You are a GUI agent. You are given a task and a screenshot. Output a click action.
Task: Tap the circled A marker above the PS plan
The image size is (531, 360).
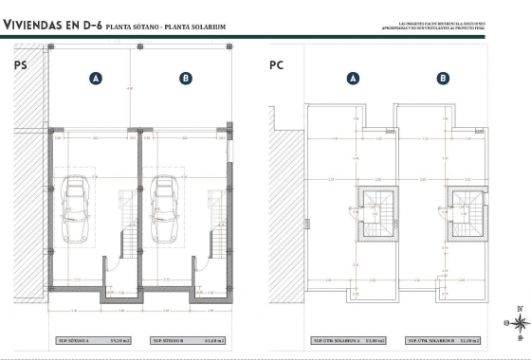point(96,79)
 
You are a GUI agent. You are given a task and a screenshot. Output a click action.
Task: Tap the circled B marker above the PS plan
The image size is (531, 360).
point(186,79)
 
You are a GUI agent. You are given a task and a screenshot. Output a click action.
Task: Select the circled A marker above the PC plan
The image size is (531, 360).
point(353,79)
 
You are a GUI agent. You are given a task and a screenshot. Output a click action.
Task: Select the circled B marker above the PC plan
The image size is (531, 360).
point(443,79)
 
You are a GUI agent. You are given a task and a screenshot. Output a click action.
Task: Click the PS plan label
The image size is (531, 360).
point(20,66)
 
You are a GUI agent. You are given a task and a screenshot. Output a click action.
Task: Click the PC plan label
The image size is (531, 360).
point(278,66)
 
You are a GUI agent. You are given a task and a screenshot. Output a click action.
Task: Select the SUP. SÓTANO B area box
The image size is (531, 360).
point(185,339)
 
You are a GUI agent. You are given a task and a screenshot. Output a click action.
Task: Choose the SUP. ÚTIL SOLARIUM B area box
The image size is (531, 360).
point(442,339)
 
